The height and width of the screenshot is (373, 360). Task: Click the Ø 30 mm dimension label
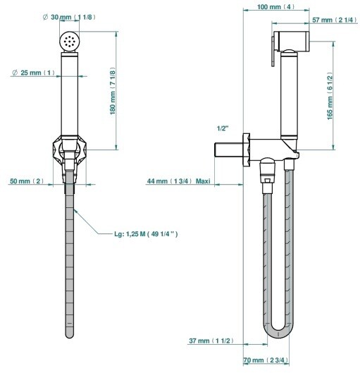[69, 17]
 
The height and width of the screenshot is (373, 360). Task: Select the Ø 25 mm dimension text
[34, 73]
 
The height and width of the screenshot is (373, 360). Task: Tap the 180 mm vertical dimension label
[113, 91]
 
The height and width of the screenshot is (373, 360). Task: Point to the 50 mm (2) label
[27, 181]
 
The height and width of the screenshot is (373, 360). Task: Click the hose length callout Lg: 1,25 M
[146, 234]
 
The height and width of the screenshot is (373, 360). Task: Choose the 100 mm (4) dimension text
[275, 6]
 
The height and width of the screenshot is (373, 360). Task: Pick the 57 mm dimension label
[335, 20]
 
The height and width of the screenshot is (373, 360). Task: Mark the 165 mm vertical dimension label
[330, 96]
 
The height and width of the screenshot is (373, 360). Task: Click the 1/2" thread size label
[223, 128]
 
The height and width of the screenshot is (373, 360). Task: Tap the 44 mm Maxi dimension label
[179, 181]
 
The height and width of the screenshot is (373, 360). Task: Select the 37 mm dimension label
[211, 341]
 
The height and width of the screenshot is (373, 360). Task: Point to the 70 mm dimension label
[266, 360]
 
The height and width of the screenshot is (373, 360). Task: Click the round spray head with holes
[69, 41]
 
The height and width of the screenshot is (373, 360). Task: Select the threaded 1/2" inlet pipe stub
[229, 150]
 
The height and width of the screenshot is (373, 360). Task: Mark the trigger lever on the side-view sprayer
[273, 51]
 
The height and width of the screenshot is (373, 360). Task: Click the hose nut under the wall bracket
[268, 176]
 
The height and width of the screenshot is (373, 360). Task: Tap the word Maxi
[203, 181]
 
